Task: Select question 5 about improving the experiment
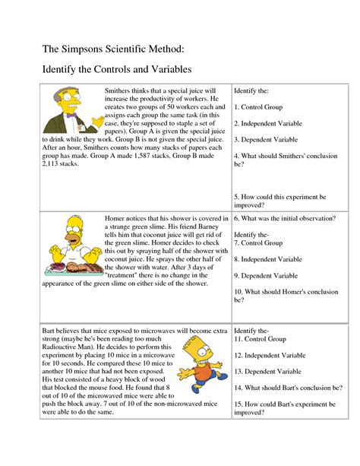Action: pyautogui.click(x=279, y=200)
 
